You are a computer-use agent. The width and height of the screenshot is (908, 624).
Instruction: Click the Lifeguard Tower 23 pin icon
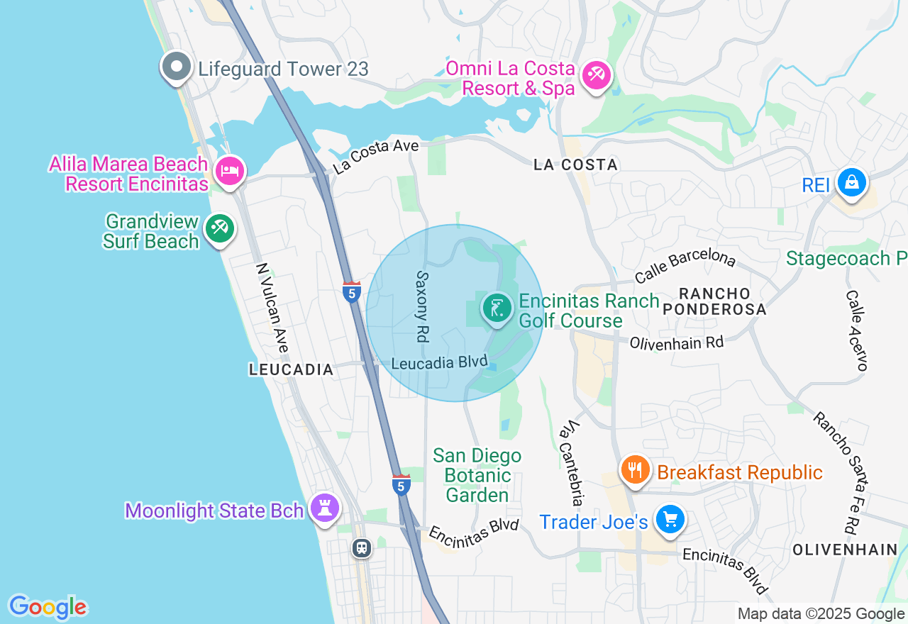coord(177,68)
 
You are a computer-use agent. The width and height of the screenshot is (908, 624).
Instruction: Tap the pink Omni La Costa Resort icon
coord(596,76)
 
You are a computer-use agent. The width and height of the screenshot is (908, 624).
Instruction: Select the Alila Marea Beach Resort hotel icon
coord(230,171)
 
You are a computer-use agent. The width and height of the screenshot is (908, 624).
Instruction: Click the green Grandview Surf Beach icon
coord(219,228)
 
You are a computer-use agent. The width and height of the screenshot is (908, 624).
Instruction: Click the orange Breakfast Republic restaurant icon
coord(636,470)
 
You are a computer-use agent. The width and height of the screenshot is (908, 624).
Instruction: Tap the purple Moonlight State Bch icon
coord(326,508)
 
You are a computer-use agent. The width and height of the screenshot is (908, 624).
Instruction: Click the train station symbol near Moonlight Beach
coord(362,547)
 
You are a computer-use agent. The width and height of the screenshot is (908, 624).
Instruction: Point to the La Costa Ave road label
coord(376,157)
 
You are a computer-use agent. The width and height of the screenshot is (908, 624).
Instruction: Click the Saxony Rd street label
coord(422,306)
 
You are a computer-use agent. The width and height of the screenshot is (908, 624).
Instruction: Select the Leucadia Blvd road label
coord(439,362)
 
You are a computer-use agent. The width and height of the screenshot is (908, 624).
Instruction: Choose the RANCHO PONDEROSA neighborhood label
coord(715,301)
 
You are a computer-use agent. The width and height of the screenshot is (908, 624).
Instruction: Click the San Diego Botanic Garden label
coord(477,475)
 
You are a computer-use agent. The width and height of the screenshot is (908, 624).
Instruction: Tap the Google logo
coord(48,607)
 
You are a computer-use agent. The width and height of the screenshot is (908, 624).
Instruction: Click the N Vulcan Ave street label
coord(272,308)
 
